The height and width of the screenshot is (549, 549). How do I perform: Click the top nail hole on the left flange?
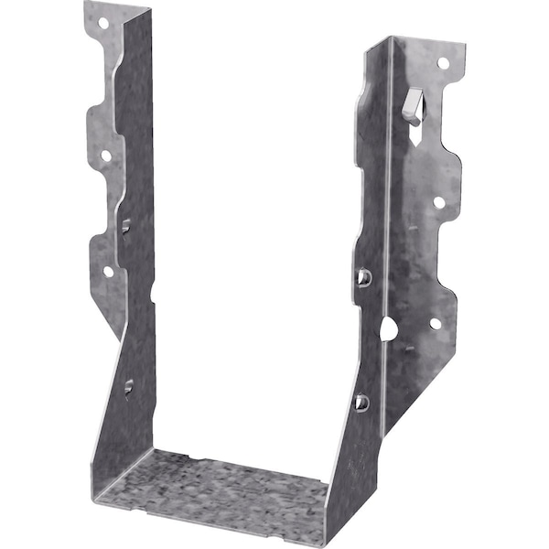coord(102,23)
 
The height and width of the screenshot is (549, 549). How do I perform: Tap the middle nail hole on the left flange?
coord(105,156)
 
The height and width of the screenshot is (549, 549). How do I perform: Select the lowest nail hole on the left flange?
coord(108,271)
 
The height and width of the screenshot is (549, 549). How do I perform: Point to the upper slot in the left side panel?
coord(126,225)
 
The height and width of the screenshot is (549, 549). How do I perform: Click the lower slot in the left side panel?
coord(128,386)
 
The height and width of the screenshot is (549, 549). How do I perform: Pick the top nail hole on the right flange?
coord(443,63)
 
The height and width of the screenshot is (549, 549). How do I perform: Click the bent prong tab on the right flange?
coord(414,105)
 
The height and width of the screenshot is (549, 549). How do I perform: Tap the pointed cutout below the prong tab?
coord(417,135)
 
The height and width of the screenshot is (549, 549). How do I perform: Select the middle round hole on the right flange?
coord(438,202)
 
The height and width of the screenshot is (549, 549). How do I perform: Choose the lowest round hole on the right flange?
coord(435,323)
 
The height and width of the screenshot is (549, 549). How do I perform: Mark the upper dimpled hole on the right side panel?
coord(363,276)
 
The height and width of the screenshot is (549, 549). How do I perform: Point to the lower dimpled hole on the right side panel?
coord(361,402)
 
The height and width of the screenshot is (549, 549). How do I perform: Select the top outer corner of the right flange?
coord(460,50)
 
